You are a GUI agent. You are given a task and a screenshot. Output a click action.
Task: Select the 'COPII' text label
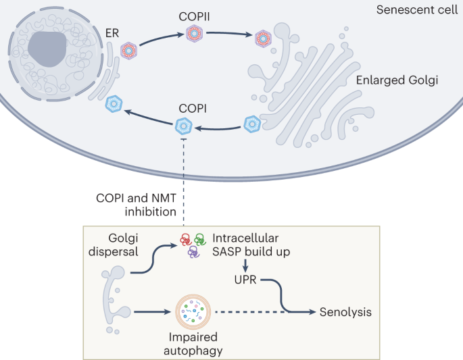tap(195, 15)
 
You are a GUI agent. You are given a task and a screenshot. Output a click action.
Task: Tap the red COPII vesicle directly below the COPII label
tap(195, 32)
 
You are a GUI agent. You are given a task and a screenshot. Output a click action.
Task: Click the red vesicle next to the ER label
tap(128, 49)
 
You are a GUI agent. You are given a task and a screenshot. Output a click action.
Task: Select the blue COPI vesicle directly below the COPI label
tap(184, 125)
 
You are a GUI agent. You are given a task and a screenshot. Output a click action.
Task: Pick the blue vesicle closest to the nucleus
tap(114, 104)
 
